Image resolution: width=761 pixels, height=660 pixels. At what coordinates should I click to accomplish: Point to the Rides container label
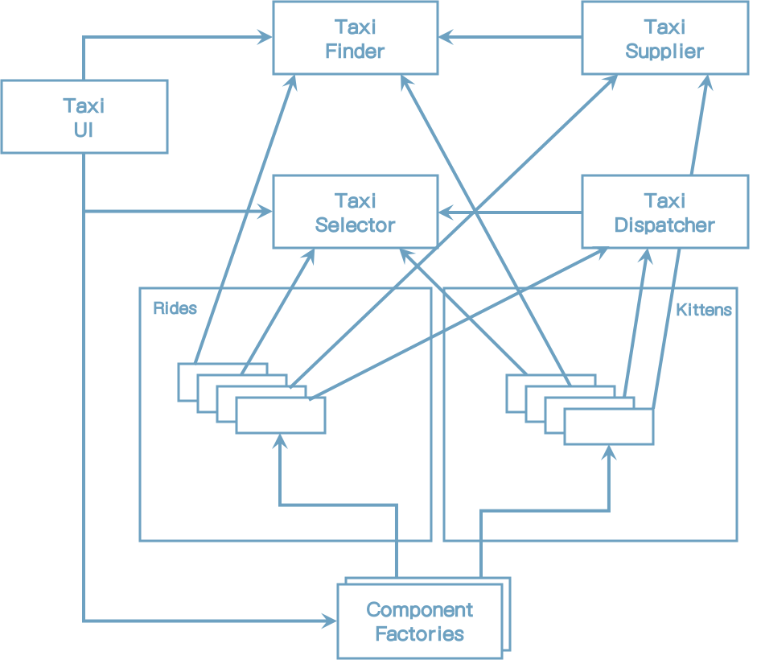(x=175, y=308)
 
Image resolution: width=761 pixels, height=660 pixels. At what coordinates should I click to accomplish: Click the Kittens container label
(x=704, y=310)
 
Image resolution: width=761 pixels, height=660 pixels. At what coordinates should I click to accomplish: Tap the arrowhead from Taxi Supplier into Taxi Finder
(x=446, y=37)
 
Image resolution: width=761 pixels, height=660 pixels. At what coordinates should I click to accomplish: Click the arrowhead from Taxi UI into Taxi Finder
(x=265, y=37)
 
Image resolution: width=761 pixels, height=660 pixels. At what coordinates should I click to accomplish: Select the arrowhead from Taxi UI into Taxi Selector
(x=265, y=211)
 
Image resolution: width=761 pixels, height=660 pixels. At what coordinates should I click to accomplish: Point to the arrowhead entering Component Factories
(x=330, y=621)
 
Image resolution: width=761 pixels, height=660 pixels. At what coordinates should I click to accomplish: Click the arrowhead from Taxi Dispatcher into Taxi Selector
(x=446, y=212)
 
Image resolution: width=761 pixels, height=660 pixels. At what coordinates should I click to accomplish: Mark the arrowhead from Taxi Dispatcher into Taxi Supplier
(x=707, y=83)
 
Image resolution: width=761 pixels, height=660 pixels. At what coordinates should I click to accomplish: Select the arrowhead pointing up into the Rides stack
(x=280, y=441)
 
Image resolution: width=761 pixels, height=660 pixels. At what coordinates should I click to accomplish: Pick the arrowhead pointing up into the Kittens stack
(x=609, y=452)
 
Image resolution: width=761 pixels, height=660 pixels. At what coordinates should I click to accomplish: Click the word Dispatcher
(x=665, y=225)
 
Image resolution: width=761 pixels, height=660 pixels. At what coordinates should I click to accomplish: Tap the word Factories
(x=420, y=634)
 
